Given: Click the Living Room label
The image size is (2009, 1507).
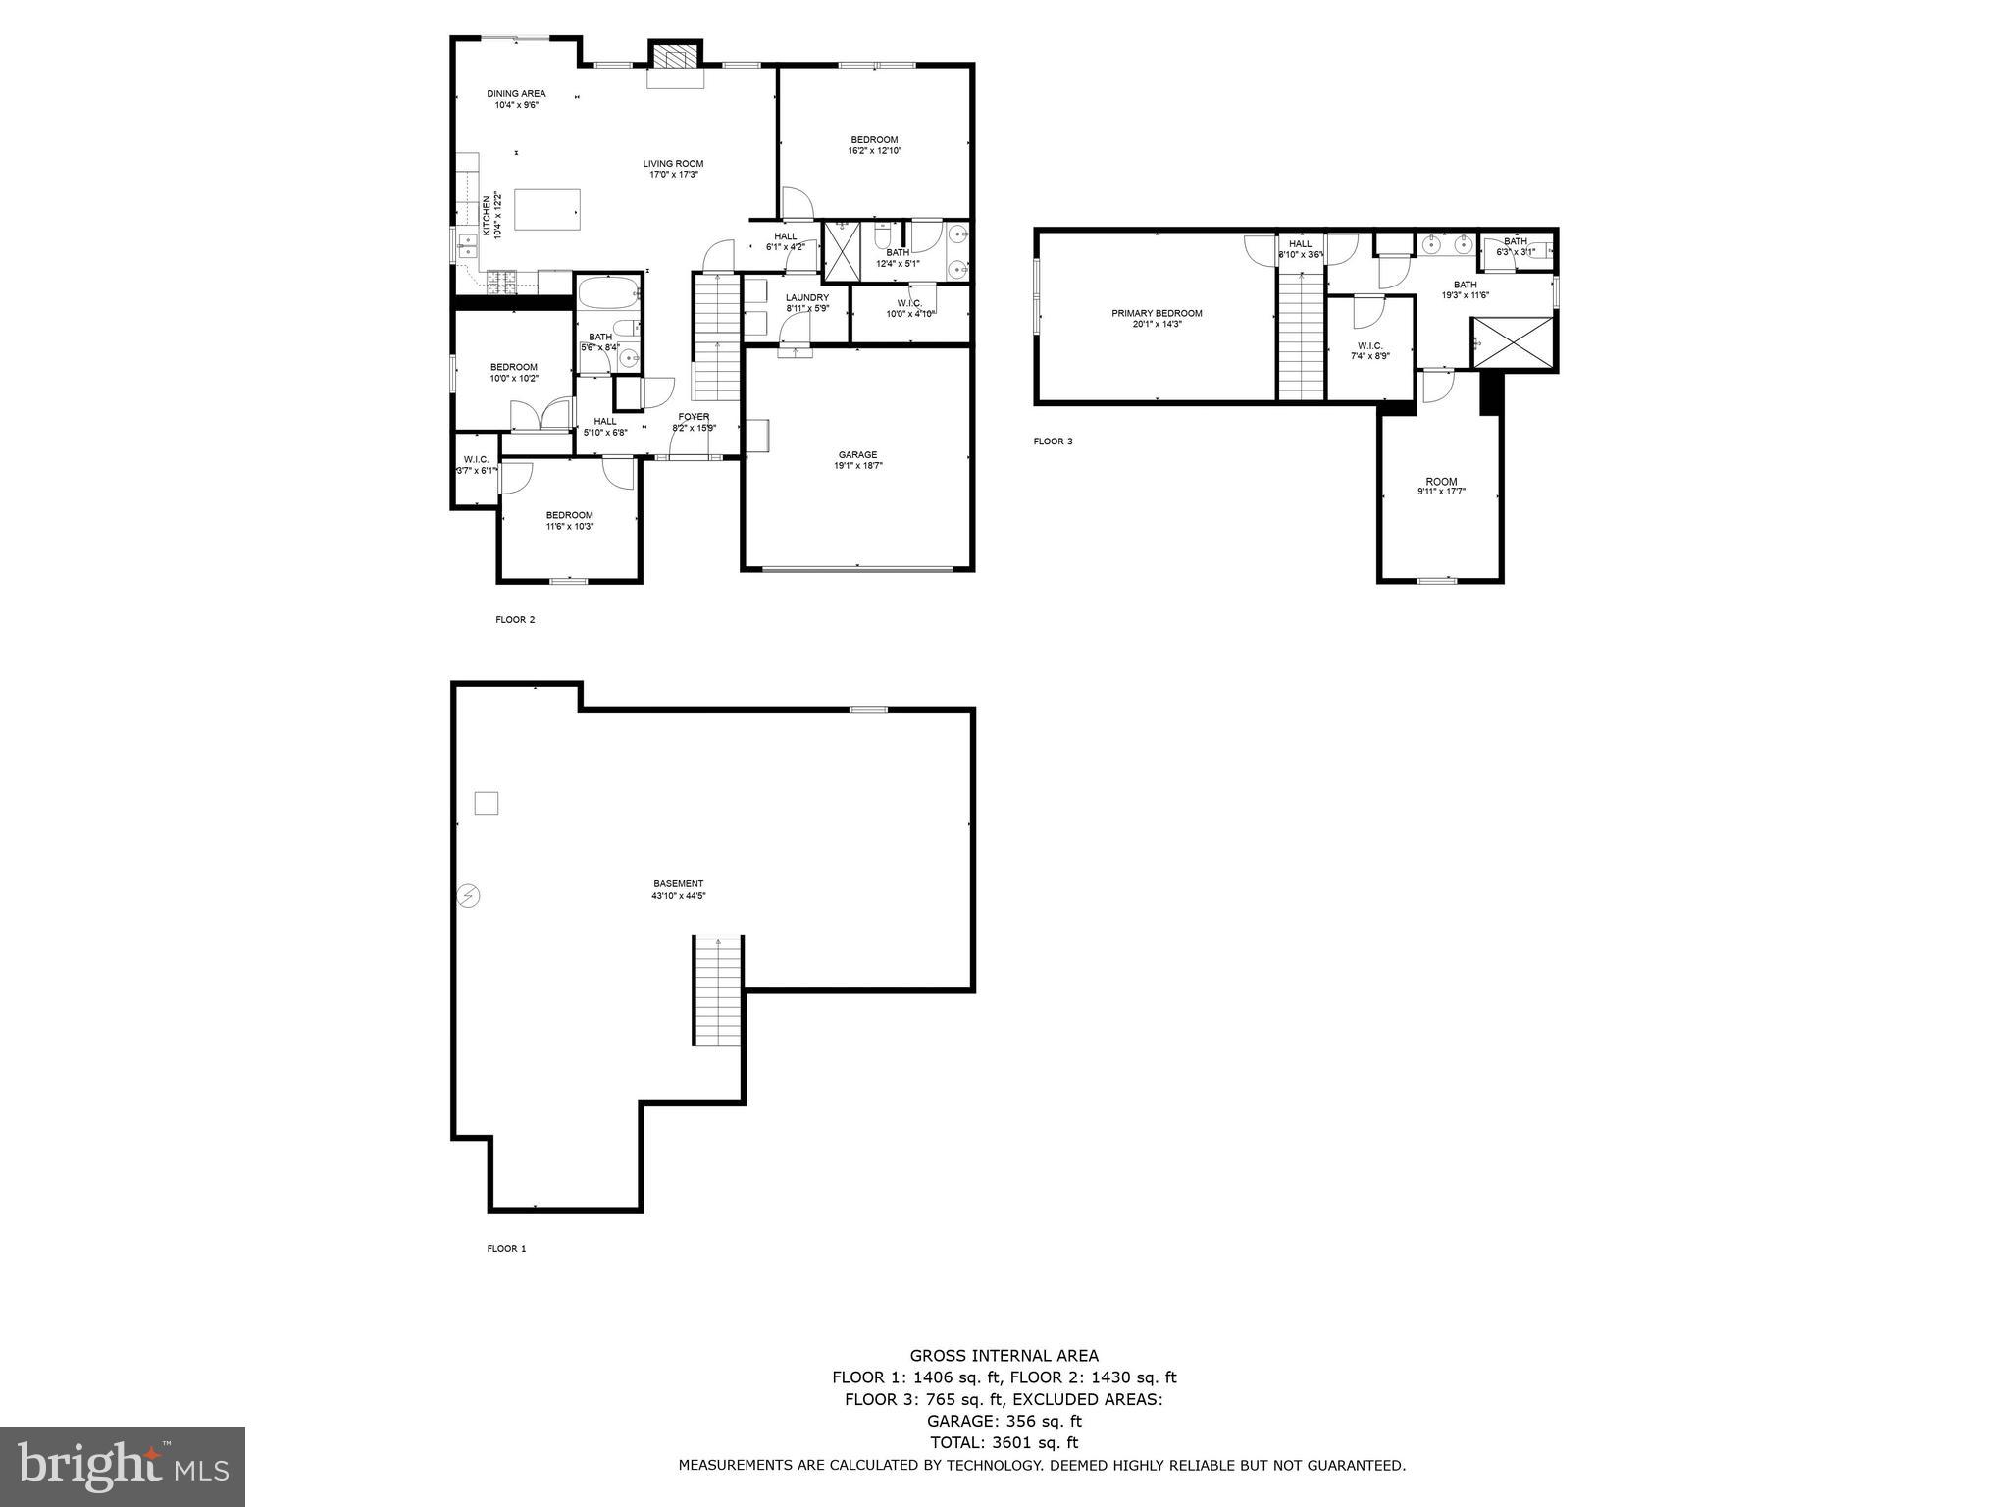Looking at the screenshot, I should [x=673, y=169].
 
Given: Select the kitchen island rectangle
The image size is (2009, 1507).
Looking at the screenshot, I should [x=546, y=209].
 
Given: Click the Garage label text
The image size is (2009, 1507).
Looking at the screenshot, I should [x=857, y=460].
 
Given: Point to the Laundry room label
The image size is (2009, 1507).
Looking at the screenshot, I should [x=806, y=303].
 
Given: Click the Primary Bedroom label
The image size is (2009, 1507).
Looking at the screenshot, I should [x=1157, y=318].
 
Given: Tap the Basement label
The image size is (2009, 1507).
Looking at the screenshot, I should [x=678, y=889].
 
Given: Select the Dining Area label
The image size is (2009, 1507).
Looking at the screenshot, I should [x=516, y=99].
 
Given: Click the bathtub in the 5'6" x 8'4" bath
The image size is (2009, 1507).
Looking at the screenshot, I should [x=608, y=292].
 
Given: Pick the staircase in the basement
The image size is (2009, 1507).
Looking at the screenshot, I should [x=718, y=990].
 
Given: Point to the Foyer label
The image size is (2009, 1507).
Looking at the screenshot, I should [x=694, y=422].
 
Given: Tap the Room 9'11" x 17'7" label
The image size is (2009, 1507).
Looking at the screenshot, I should [x=1441, y=486].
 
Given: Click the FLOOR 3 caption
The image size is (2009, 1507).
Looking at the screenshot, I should [x=1053, y=442].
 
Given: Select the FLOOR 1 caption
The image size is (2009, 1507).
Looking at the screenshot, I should [x=506, y=1249].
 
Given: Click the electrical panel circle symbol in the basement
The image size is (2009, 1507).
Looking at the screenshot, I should [x=469, y=895].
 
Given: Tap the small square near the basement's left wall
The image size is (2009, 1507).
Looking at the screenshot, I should [x=486, y=804].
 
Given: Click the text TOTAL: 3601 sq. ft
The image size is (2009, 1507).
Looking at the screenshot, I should [x=1004, y=1442].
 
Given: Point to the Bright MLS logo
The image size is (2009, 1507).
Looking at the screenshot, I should [x=123, y=1466].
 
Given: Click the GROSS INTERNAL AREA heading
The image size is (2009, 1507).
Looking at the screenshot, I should [x=1004, y=1356].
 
